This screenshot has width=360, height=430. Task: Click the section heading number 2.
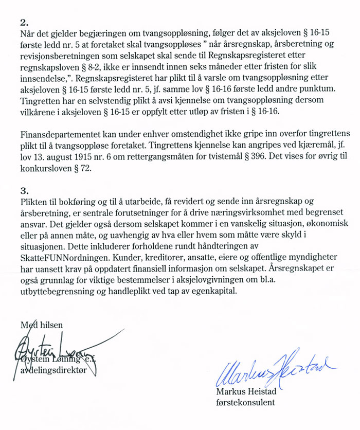coord(24,23)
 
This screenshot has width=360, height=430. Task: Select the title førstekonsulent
coord(246,403)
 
